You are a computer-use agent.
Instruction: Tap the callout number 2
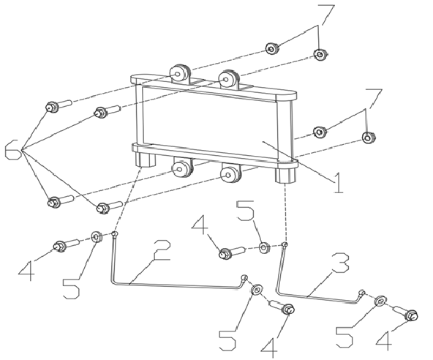[162, 250]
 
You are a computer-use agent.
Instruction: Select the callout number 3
[340, 263]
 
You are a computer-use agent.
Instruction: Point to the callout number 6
[13, 149]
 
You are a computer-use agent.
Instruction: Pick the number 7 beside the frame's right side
[374, 99]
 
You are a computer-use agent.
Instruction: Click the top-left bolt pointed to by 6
[58, 106]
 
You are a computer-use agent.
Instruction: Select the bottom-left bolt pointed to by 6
[60, 201]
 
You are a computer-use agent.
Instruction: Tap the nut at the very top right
[320, 54]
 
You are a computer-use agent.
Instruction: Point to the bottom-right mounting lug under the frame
[231, 173]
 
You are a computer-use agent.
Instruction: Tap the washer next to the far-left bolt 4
[97, 236]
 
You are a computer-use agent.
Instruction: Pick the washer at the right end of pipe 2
[257, 290]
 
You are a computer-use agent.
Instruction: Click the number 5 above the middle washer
[245, 211]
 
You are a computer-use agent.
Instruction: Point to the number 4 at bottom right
[384, 340]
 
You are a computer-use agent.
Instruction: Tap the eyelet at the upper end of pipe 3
[285, 244]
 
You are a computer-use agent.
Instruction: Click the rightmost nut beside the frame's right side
[369, 138]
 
